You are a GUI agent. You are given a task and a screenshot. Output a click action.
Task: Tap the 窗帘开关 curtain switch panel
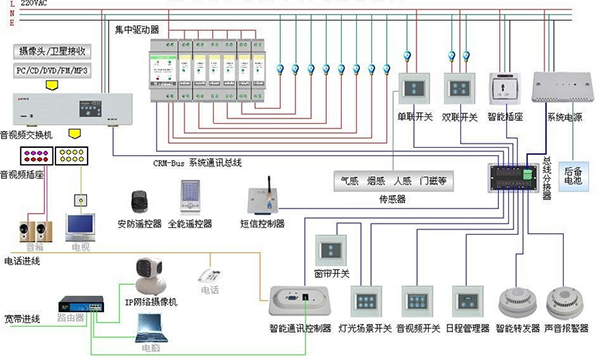331,249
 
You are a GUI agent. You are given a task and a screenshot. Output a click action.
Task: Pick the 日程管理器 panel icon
468,301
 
